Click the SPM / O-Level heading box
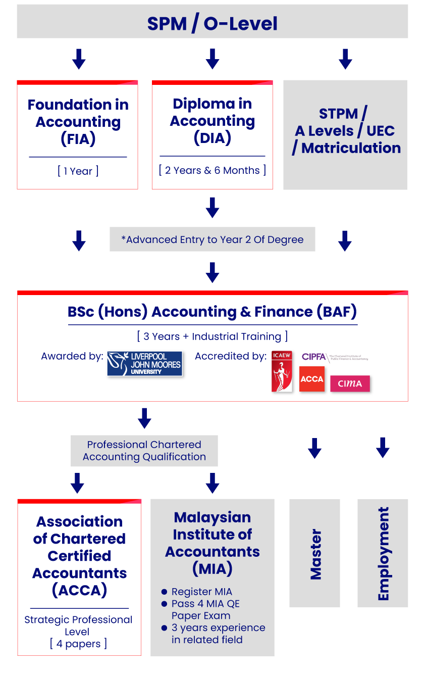(x=212, y=23)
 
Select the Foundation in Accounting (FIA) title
(x=78, y=122)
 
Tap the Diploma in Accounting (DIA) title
(x=212, y=121)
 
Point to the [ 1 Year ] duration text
(x=78, y=171)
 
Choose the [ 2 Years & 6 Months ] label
(x=212, y=170)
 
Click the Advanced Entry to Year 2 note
(x=212, y=239)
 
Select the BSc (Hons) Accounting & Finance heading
(x=212, y=312)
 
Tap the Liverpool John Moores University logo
(x=144, y=364)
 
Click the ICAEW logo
(x=282, y=371)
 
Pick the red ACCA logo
(x=311, y=379)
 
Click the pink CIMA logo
(x=350, y=383)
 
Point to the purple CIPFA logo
(x=335, y=357)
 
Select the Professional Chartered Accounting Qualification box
(x=144, y=451)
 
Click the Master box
(x=314, y=553)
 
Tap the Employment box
(x=383, y=553)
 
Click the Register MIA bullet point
(x=201, y=592)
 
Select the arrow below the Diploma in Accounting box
(x=212, y=207)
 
